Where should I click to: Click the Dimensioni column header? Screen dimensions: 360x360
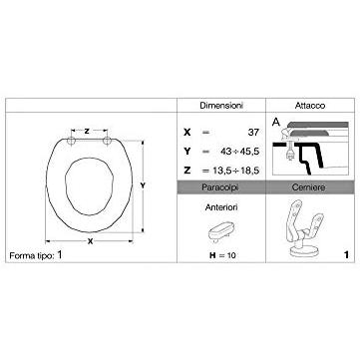coord(221,106)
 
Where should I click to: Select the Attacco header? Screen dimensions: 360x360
coord(310,106)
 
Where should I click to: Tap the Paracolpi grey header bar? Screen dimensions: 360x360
coord(221,187)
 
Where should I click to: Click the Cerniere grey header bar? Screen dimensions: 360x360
coord(310,187)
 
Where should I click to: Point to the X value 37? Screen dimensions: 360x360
coord(253,133)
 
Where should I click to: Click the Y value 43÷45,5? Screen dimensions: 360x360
coord(239,152)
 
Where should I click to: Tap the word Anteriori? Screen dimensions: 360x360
coord(221,207)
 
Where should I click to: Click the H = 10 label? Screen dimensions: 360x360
coord(222,255)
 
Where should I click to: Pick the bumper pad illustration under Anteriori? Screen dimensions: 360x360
coord(221,231)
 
